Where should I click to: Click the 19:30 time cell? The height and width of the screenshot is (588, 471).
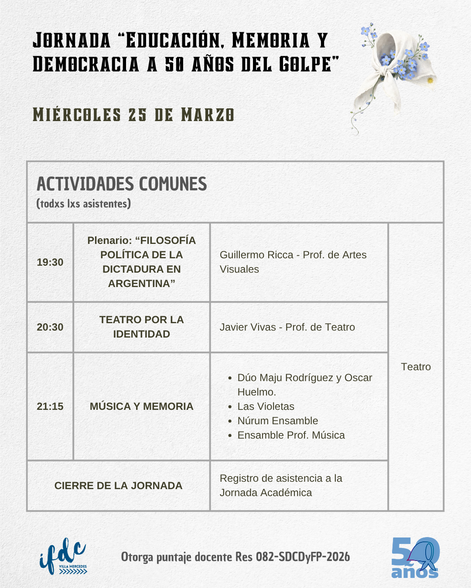pyautogui.click(x=50, y=262)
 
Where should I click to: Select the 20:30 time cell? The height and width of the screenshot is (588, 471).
pyautogui.click(x=50, y=327)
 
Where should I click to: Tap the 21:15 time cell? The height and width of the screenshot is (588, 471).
pyautogui.click(x=50, y=406)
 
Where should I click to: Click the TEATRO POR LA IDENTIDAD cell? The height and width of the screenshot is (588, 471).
pyautogui.click(x=141, y=327)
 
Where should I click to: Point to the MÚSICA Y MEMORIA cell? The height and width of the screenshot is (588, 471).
pyautogui.click(x=141, y=406)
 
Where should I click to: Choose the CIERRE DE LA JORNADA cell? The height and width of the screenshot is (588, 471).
pyautogui.click(x=118, y=486)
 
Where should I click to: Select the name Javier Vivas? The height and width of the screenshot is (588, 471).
pyautogui.click(x=248, y=327)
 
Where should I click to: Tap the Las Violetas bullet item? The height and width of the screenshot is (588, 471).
pyautogui.click(x=266, y=406)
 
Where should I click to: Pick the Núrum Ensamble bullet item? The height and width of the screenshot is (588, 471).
pyautogui.click(x=277, y=421)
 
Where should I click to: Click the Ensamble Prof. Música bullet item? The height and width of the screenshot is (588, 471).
pyautogui.click(x=291, y=435)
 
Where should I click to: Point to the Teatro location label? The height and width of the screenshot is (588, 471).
pyautogui.click(x=416, y=367)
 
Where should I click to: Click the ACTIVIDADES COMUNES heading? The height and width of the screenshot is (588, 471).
pyautogui.click(x=122, y=184)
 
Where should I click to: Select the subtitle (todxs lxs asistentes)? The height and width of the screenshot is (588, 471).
pyautogui.click(x=84, y=204)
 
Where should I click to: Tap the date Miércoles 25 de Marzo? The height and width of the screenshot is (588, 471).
pyautogui.click(x=133, y=115)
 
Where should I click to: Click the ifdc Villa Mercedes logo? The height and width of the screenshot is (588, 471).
pyautogui.click(x=63, y=557)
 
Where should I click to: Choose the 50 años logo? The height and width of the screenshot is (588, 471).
pyautogui.click(x=415, y=558)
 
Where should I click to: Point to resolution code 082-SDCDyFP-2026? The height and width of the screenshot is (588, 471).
pyautogui.click(x=303, y=557)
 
